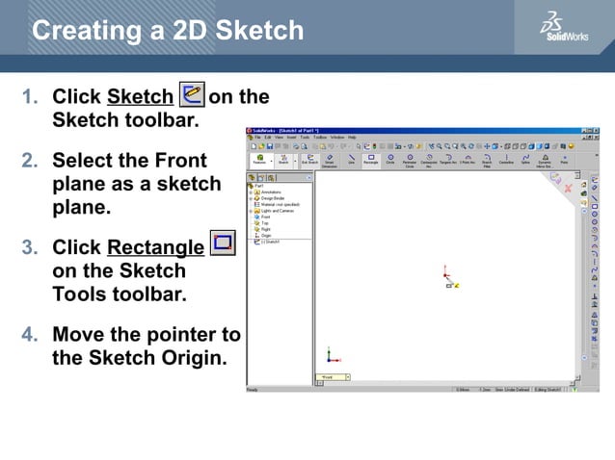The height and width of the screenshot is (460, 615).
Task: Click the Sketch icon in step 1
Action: tap(192, 95)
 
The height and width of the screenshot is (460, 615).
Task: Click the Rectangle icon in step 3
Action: tap(223, 243)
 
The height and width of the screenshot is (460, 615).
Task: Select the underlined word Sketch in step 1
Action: tap(141, 97)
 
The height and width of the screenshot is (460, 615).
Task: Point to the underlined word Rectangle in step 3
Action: tap(155, 247)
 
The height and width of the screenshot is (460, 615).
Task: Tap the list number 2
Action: tap(30, 159)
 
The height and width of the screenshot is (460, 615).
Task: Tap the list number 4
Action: tap(30, 335)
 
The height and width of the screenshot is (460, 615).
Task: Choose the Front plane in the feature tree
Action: tap(265, 217)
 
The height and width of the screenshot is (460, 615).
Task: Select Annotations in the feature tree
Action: tap(270, 192)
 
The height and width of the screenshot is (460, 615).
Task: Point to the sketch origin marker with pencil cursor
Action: tap(451, 284)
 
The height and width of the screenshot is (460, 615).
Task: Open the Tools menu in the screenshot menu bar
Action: tap(305, 138)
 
